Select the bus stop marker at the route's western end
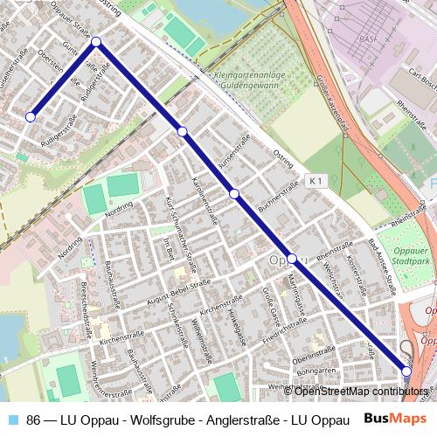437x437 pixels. point(31,116)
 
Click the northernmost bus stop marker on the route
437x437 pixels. point(96,42)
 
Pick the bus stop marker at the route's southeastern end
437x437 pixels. point(406,371)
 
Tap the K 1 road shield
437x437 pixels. point(316,181)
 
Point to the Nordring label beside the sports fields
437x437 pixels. point(118,210)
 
